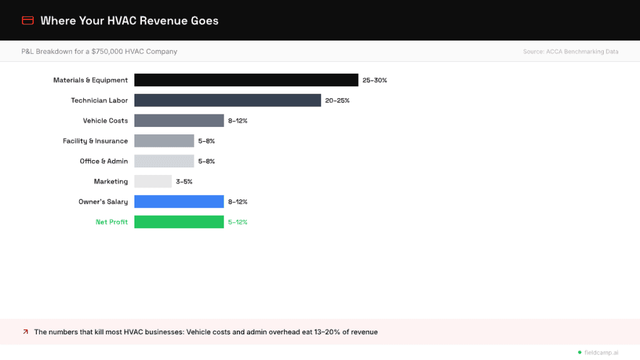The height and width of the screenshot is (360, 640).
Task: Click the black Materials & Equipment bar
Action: click(246, 80)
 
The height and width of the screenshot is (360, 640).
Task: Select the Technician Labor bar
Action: click(227, 100)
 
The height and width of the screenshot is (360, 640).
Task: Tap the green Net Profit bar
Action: click(179, 222)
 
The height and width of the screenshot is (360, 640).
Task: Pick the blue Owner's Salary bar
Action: click(179, 202)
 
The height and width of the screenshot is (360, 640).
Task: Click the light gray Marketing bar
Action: click(152, 181)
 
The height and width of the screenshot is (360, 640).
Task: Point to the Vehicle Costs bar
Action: click(179, 121)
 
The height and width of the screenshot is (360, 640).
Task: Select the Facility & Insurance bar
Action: click(164, 141)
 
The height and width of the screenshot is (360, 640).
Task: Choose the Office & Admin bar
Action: click(164, 161)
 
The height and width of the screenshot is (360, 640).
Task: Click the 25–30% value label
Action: click(374, 81)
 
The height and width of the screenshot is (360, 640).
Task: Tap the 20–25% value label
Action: click(337, 101)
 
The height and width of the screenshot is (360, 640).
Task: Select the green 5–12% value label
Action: click(237, 222)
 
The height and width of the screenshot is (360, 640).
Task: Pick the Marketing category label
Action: click(111, 182)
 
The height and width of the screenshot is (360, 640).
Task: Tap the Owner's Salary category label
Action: click(103, 202)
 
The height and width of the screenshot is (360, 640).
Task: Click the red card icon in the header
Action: click(27, 21)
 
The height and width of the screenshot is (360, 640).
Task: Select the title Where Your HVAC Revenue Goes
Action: click(129, 21)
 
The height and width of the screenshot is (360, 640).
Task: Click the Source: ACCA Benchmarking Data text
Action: click(571, 52)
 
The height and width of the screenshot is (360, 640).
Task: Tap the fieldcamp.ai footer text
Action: click(601, 352)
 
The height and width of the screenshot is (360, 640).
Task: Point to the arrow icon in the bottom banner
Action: click(26, 332)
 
